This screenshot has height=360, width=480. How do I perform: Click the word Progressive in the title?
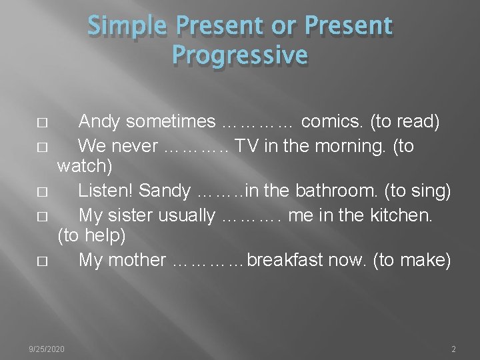(x=239, y=54)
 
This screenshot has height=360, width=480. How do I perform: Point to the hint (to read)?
(x=405, y=122)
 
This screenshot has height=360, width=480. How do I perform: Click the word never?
(x=136, y=145)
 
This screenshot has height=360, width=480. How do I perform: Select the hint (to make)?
(x=413, y=260)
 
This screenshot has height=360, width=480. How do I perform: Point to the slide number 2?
(x=453, y=349)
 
